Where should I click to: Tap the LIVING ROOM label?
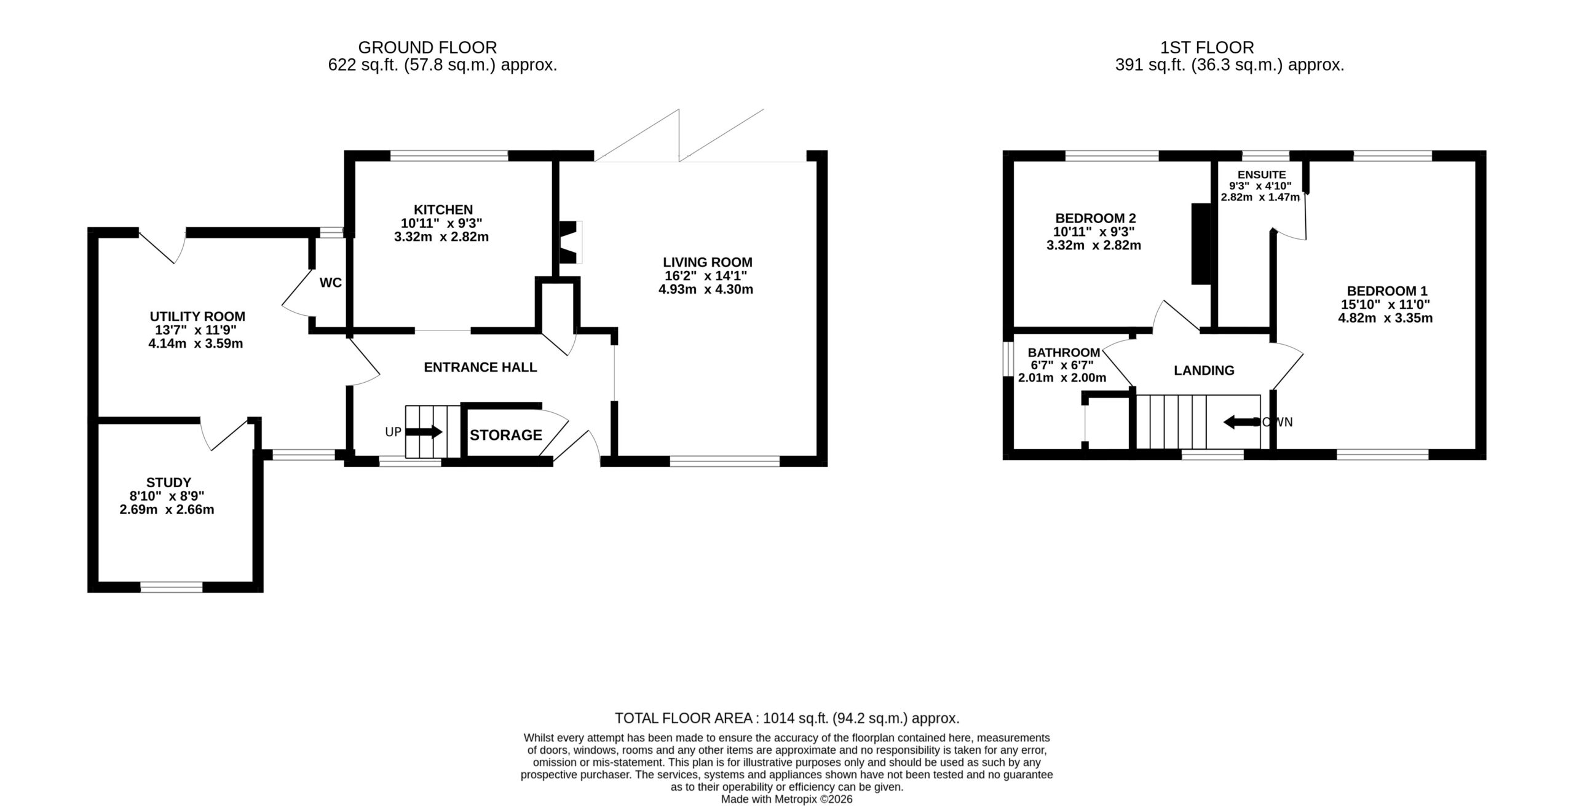click(x=708, y=262)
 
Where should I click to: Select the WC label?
click(x=331, y=283)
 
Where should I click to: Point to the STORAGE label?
click(x=506, y=435)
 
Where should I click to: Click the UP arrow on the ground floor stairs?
click(x=424, y=432)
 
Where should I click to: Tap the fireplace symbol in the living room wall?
click(x=569, y=242)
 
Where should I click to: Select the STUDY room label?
click(x=168, y=483)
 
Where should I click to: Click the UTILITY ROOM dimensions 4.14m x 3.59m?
click(x=196, y=343)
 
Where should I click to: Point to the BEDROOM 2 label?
click(x=1096, y=218)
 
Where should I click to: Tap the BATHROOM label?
click(x=1064, y=353)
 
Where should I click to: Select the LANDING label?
click(x=1204, y=370)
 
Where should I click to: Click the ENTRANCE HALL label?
click(x=480, y=367)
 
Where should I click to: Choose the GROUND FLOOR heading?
click(x=427, y=47)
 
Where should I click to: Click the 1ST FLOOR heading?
click(x=1207, y=47)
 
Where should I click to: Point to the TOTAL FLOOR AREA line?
click(x=787, y=718)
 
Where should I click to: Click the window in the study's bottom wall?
click(x=172, y=587)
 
